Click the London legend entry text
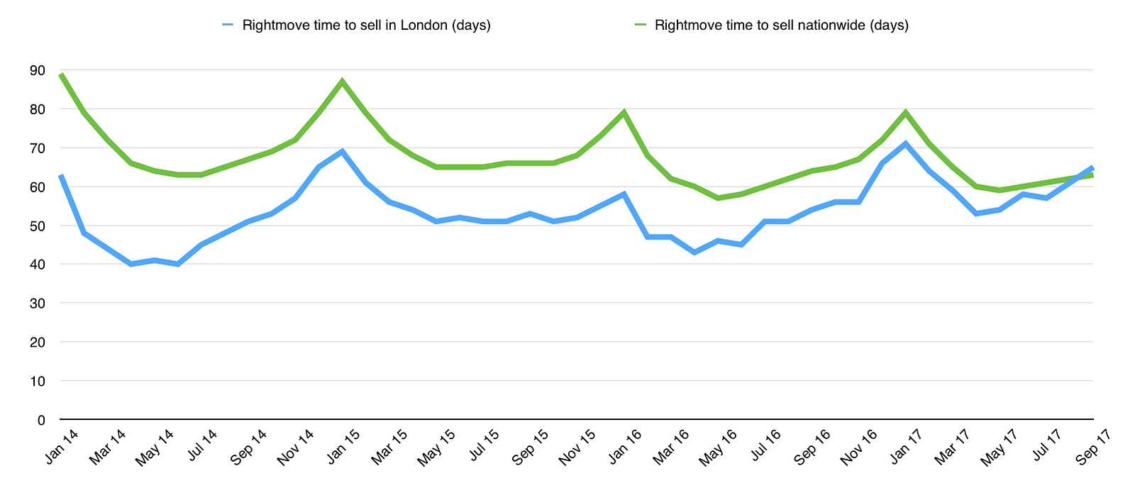coord(366,26)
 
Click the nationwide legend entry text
coord(782,26)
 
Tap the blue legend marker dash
coord(228,26)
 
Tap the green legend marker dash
coord(641,26)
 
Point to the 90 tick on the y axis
coord(37,71)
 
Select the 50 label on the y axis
coord(37,226)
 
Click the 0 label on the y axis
coord(41,420)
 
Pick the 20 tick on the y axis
coord(37,343)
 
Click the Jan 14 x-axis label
coord(62,447)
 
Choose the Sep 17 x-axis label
coord(1093,447)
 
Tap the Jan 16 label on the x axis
coord(625,447)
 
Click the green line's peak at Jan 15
coord(342,82)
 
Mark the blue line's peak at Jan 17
coord(905,144)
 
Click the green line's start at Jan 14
coord(62,74)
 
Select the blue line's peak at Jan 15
coord(342,151)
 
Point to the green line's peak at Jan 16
coord(624,112)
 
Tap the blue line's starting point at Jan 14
coord(62,175)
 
